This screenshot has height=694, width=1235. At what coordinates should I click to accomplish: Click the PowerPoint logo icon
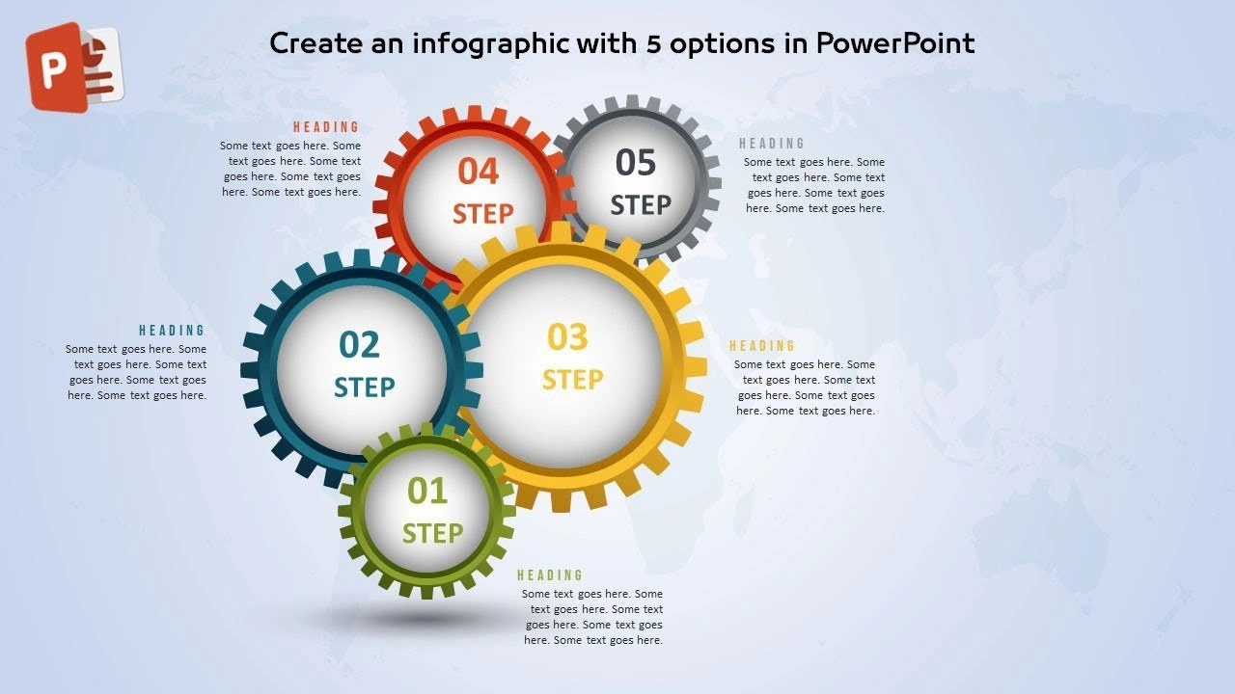coord(75,67)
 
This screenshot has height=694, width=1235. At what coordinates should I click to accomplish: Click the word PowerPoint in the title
coord(895,43)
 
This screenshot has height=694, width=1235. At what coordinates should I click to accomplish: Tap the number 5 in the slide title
coord(653,44)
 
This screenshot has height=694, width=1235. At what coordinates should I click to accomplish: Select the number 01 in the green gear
coord(427,491)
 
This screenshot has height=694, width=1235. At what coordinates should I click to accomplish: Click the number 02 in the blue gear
coord(360,344)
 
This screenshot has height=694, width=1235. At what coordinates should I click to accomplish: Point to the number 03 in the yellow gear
coord(568,336)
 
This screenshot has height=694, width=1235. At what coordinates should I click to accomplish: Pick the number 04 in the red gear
coord(479,171)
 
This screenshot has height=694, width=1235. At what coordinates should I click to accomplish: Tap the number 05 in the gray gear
coord(636,163)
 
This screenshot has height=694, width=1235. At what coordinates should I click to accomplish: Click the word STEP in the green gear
coord(433,533)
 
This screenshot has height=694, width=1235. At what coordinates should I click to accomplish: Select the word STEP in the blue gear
coord(365,387)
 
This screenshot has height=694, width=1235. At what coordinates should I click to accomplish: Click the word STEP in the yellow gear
coord(573,380)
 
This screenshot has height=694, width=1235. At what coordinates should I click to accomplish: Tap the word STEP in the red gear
coord(483,214)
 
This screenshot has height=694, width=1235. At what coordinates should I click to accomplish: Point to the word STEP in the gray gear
coord(641,205)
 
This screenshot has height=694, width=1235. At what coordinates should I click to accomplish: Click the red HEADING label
coord(326,127)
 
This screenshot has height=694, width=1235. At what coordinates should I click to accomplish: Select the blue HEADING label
coord(172,331)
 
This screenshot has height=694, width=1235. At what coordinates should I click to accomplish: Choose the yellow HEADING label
coord(762,346)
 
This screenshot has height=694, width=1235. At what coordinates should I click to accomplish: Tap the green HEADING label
coord(550,575)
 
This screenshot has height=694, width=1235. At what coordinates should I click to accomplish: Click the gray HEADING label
coord(772,144)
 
